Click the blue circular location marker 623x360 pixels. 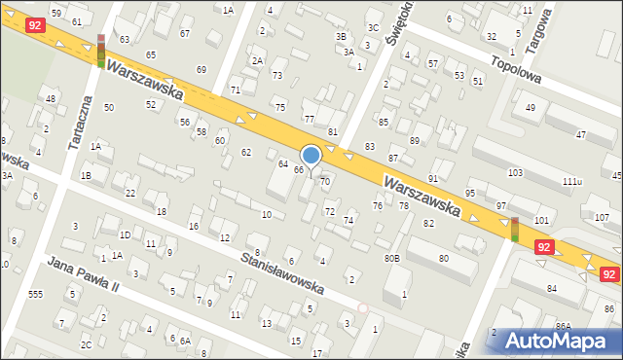tap(311, 155)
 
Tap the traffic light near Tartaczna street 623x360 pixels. tap(100, 50)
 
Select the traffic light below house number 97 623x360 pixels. tap(514, 230)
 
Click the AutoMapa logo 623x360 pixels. tap(555, 341)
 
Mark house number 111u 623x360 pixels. tap(571, 182)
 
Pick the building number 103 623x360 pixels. tap(515, 173)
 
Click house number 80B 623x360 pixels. tap(391, 258)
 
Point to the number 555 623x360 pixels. tap(36, 294)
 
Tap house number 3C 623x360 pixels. tap(373, 27)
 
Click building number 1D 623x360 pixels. tap(125, 234)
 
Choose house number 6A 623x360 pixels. tap(184, 341)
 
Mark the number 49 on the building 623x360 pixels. tap(531, 107)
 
